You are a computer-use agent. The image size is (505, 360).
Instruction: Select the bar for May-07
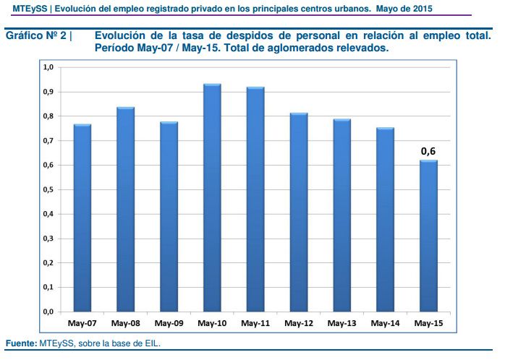[82, 217]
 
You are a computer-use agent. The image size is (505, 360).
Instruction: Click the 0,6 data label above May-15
[428, 151]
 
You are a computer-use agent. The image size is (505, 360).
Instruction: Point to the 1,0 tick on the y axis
[48, 67]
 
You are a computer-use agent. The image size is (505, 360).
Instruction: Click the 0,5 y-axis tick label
[48, 189]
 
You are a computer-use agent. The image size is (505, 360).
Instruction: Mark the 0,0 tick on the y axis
[48, 312]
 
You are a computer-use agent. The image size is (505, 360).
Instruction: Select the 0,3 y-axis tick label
[48, 239]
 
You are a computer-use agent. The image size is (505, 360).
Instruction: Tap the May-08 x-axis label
[125, 322]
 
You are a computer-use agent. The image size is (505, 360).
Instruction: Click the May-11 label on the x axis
[255, 322]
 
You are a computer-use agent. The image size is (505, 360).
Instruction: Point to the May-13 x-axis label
[342, 322]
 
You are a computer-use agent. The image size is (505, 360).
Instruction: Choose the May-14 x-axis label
[386, 322]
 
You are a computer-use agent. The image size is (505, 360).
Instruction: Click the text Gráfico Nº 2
[36, 35]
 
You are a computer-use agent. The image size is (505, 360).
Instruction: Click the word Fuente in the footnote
[20, 343]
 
